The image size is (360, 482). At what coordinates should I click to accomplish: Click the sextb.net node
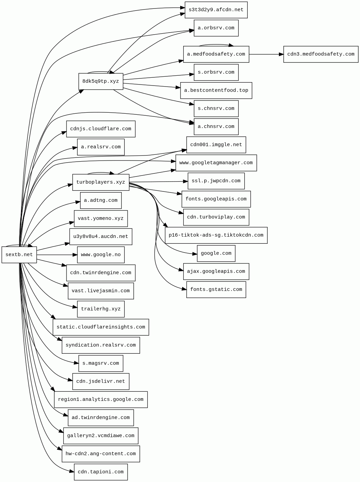tap(19, 255)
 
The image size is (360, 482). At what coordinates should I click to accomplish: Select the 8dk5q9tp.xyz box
tap(100, 81)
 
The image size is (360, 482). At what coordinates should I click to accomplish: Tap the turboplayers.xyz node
tap(100, 182)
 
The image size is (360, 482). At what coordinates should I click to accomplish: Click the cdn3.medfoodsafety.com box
tap(321, 54)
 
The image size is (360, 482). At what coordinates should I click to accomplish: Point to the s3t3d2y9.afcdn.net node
tap(216, 10)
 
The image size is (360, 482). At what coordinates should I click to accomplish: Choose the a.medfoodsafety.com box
tap(216, 54)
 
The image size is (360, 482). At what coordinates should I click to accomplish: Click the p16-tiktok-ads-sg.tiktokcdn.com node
tap(216, 235)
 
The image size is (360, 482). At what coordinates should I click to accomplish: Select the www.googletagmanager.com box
tap(216, 163)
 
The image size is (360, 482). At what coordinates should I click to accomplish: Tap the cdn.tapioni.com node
tap(100, 472)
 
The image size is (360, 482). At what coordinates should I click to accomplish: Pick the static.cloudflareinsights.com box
tap(100, 327)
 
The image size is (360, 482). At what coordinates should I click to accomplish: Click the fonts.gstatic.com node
tap(216, 290)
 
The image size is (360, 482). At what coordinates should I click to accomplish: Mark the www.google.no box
tap(100, 255)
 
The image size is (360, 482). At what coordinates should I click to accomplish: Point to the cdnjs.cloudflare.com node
tap(100, 129)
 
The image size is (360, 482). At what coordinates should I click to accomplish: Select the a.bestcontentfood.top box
tap(216, 91)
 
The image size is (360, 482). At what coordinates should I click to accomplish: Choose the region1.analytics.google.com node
tap(100, 400)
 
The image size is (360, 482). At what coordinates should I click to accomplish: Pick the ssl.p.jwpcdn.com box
tap(216, 181)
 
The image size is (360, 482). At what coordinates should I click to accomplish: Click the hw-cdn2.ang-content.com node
tap(100, 454)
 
